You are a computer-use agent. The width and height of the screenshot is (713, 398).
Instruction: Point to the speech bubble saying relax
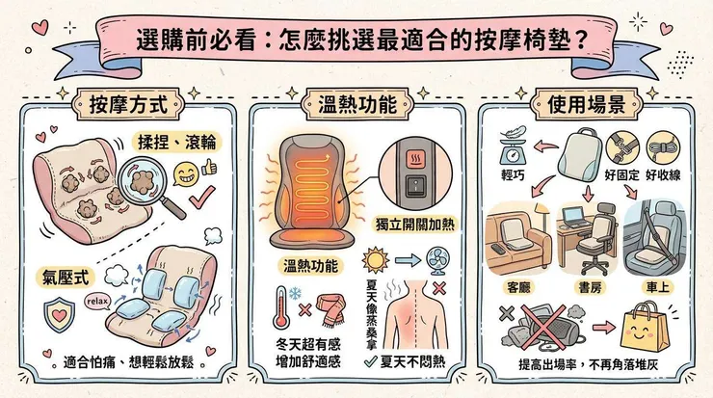pyautogui.click(x=98, y=300)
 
